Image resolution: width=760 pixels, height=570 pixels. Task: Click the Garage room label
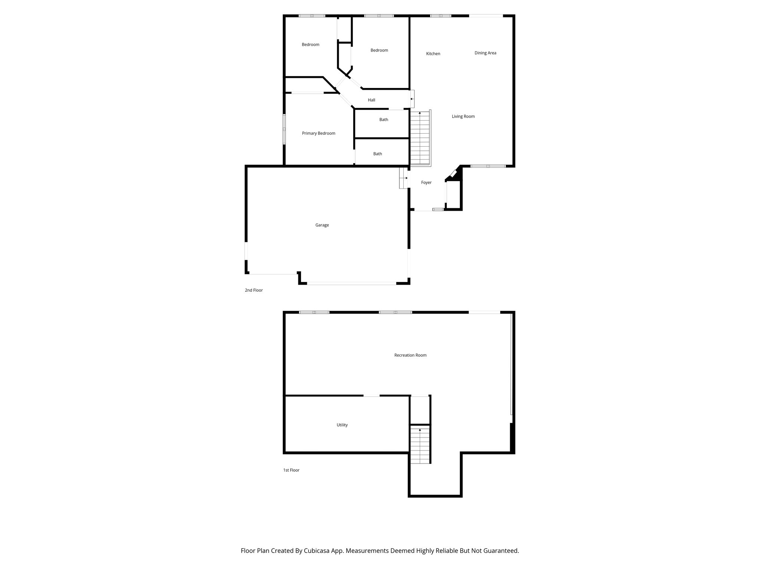click(x=322, y=225)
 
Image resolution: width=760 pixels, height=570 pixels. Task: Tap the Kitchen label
click(x=433, y=54)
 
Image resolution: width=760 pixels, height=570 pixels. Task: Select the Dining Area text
click(x=485, y=53)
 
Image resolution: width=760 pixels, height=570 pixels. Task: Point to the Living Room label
click(x=463, y=117)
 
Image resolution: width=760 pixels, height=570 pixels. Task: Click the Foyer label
click(x=426, y=183)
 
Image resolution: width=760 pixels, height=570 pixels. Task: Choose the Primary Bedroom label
click(x=318, y=134)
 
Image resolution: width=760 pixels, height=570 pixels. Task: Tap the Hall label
click(x=371, y=100)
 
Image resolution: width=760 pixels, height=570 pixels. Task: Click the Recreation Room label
click(x=410, y=355)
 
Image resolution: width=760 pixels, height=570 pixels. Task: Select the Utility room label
click(x=342, y=425)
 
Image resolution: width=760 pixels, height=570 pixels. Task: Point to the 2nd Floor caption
click(x=253, y=290)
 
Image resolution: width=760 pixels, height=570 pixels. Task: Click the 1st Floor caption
click(x=291, y=470)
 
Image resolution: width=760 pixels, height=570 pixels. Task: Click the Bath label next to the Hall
click(x=383, y=120)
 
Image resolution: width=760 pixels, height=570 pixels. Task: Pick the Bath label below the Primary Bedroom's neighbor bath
click(x=377, y=154)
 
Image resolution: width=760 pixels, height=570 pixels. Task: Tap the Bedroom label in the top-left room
click(x=310, y=45)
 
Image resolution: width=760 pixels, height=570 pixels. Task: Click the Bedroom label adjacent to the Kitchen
click(x=379, y=50)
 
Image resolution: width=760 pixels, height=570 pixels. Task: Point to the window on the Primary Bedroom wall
click(x=284, y=129)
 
